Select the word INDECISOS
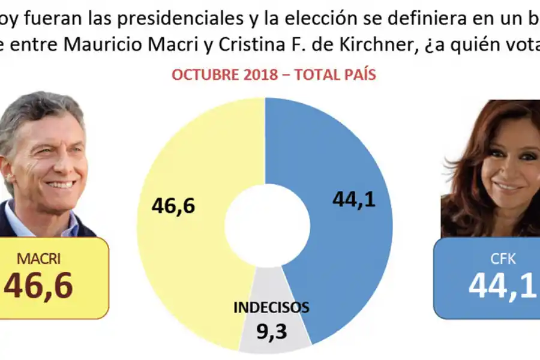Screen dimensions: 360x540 (271, 308)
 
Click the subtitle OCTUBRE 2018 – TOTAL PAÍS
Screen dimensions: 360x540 (274, 75)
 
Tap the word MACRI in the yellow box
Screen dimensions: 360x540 (38, 259)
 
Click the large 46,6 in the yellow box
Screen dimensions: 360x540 (38, 286)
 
